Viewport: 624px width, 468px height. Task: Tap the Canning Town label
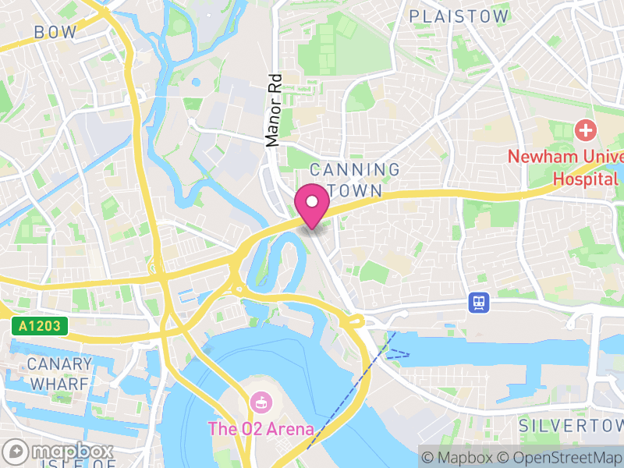(x=355, y=180)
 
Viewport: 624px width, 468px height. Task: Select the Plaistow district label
(x=459, y=16)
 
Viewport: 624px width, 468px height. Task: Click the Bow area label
(x=55, y=33)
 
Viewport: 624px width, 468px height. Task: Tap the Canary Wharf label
(x=59, y=374)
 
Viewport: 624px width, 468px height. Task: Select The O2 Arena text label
(x=261, y=429)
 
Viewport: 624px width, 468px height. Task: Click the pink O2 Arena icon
(x=260, y=404)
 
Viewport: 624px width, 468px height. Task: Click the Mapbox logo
(x=58, y=452)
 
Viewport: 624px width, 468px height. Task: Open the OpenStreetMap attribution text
(x=560, y=457)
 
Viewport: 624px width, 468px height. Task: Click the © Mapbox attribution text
(x=462, y=457)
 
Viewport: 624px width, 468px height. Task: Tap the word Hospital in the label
(x=584, y=179)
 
